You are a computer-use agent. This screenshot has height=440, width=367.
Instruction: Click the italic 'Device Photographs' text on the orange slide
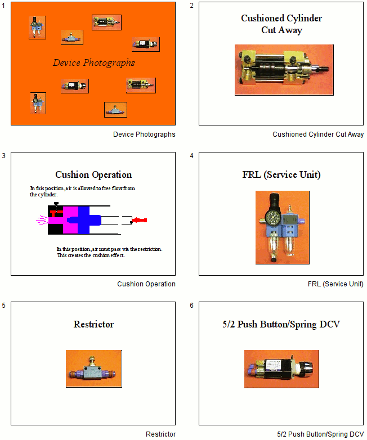[x=93, y=62]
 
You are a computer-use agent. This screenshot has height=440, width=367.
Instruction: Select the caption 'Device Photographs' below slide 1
[x=144, y=134]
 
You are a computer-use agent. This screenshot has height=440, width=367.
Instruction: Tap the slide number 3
[x=4, y=156]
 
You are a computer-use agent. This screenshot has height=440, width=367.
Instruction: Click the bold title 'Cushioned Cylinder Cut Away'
[x=281, y=24]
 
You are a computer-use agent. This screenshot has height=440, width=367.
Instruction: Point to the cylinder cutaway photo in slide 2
[x=284, y=70]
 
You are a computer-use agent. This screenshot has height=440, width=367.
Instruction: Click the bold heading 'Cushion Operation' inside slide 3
[x=93, y=174]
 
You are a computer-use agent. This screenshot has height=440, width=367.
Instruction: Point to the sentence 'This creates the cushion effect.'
[x=91, y=255]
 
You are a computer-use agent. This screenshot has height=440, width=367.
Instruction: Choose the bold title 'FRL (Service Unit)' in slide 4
[x=281, y=174]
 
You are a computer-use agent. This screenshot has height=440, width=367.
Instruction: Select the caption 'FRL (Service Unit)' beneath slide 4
[x=335, y=284]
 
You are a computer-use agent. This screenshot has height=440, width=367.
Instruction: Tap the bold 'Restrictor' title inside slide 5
[x=93, y=324]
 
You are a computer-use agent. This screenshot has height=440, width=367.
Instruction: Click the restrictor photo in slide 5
[x=93, y=369]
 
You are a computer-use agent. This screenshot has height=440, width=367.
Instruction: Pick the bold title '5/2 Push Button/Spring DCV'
[x=281, y=324]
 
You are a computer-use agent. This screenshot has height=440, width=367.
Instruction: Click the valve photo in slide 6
[x=281, y=369]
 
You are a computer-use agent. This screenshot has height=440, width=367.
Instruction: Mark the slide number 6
[x=192, y=306]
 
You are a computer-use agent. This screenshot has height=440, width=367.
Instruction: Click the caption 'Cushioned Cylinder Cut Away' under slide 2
[x=318, y=134]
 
